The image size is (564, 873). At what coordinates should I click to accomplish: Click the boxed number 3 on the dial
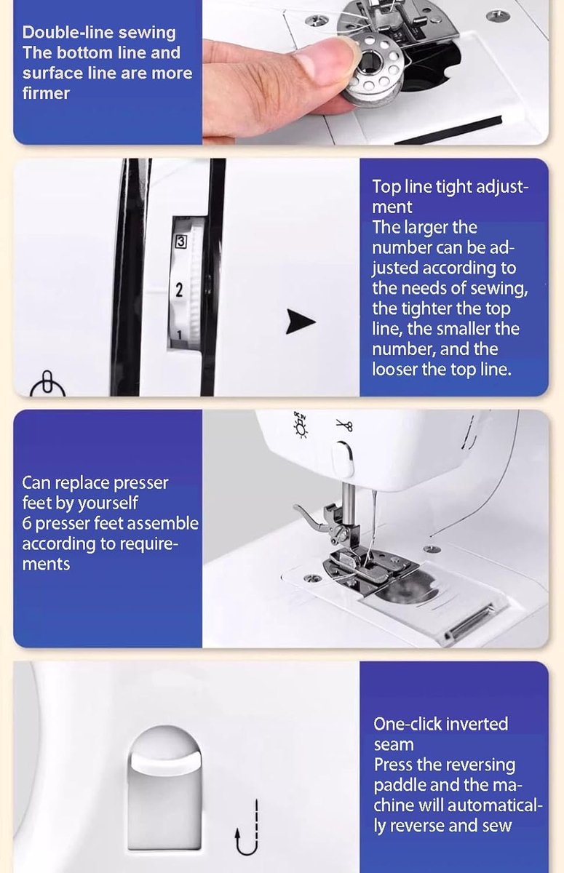[x=181, y=242]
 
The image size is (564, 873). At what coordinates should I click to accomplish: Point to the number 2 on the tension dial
[x=179, y=290]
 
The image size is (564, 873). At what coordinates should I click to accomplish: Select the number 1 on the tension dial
[x=179, y=335]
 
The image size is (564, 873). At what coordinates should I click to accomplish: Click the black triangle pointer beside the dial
[x=300, y=322]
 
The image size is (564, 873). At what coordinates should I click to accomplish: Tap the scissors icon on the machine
[x=344, y=425]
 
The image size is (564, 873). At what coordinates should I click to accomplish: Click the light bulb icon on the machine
[x=301, y=424]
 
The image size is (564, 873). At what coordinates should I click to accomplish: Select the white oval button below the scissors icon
[x=343, y=460]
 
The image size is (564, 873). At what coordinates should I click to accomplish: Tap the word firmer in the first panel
[x=46, y=94]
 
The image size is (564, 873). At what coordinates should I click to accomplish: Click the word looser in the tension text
[x=394, y=369]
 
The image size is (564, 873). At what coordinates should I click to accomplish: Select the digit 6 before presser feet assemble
[x=27, y=523]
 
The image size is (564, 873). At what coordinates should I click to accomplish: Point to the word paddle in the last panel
[x=399, y=785]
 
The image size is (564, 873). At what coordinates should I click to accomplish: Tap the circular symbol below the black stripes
[x=47, y=384]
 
